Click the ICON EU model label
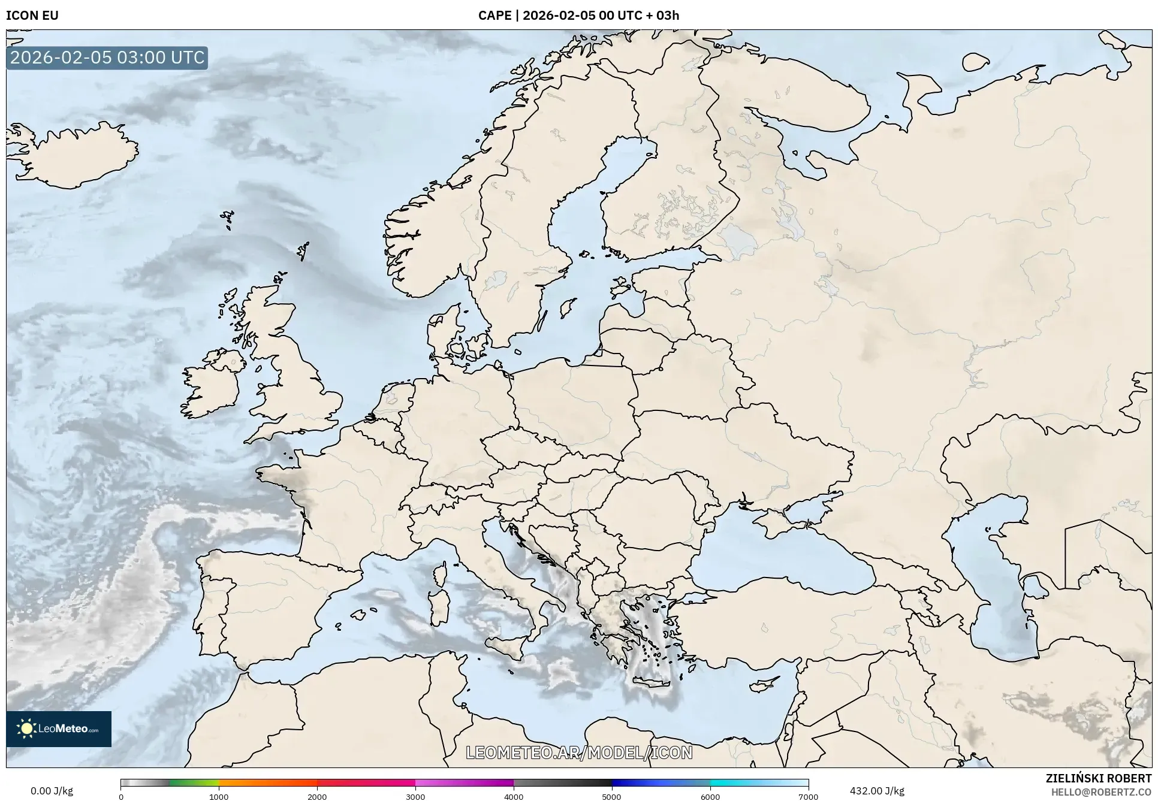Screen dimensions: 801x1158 click(32, 15)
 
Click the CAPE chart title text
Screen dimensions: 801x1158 click(578, 15)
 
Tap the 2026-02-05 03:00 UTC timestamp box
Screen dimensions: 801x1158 click(107, 58)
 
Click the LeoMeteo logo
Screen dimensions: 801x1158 click(59, 729)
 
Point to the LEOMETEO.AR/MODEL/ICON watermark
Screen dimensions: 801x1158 click(579, 752)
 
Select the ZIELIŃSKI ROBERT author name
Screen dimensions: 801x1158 click(1098, 778)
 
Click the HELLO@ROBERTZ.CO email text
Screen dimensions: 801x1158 click(1101, 791)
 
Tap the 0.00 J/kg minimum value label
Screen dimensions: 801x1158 click(52, 791)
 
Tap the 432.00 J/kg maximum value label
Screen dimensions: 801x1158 click(876, 791)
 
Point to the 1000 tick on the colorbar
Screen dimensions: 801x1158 click(219, 796)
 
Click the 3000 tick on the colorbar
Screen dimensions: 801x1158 click(415, 796)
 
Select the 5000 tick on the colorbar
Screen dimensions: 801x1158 click(611, 796)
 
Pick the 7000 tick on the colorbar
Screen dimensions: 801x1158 click(808, 796)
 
